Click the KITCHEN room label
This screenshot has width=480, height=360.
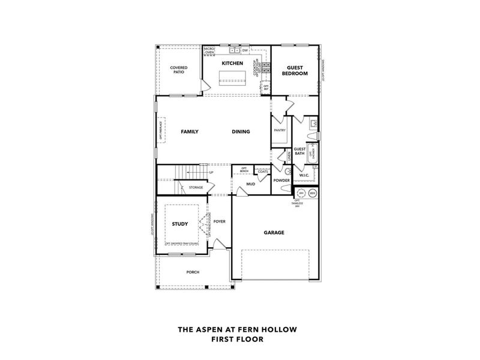(232, 63)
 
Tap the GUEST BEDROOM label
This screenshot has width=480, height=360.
(297, 71)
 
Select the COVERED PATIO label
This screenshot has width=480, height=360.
(179, 70)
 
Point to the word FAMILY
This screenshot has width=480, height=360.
(190, 132)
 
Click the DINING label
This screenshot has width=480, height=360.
(241, 132)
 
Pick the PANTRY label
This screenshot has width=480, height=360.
(279, 130)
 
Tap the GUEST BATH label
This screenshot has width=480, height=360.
(299, 151)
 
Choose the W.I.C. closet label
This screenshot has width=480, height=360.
(304, 175)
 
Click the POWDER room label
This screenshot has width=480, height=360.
(281, 180)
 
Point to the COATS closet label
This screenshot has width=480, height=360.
(262, 172)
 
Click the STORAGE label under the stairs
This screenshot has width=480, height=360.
(196, 187)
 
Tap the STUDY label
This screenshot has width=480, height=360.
(180, 224)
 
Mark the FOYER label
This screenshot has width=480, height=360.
(220, 221)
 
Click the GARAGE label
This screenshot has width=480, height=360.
(274, 232)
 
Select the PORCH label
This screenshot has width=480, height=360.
(193, 272)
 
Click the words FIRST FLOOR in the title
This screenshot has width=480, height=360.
(237, 339)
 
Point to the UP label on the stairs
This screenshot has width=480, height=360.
(211, 173)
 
